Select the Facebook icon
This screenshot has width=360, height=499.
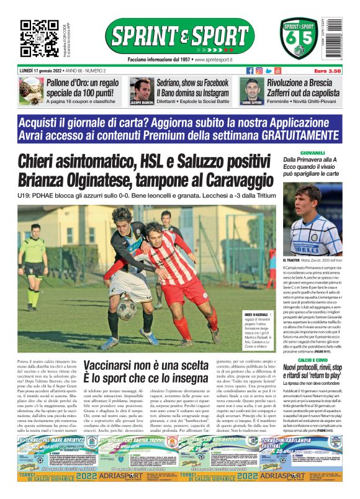(250, 71)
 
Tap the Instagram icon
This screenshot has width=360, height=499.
(259, 71)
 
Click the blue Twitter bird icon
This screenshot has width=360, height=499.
(269, 71)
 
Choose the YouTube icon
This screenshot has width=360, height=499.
(278, 71)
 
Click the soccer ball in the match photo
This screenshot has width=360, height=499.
(127, 308)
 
